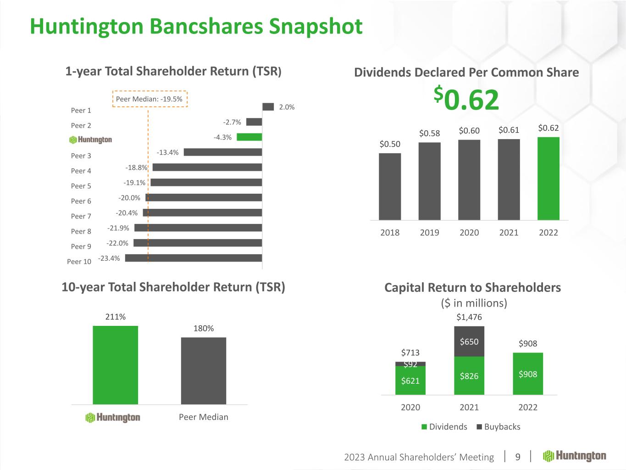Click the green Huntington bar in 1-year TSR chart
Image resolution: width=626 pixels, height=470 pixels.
tap(249, 137)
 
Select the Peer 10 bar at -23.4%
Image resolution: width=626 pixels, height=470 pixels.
tap(193, 258)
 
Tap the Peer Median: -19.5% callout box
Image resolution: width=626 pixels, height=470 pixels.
tap(150, 99)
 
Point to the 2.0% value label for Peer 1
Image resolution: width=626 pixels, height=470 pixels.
tap(287, 107)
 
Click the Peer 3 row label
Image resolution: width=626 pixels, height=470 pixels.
tap(81, 156)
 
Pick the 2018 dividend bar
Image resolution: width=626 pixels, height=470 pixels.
tap(390, 186)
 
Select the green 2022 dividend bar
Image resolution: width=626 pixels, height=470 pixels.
tap(548, 179)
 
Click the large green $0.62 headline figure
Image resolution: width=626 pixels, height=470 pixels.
tap(466, 100)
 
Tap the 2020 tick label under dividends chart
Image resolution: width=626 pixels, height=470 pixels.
tap(469, 233)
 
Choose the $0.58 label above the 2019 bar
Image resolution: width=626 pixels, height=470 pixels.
tap(429, 133)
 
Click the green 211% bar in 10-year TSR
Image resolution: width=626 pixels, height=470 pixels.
tap(115, 365)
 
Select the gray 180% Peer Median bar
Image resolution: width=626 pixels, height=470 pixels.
tap(203, 371)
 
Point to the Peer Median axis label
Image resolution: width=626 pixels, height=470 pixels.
tap(203, 417)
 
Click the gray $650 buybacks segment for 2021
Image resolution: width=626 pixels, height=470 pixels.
tap(469, 341)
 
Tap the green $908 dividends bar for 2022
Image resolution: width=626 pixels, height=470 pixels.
tap(528, 374)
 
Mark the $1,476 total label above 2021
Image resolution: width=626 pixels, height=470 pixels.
tap(469, 317)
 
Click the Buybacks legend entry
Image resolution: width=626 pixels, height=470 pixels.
tap(499, 427)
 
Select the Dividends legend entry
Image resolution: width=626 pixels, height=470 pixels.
tap(444, 427)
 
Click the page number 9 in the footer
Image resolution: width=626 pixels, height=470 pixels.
tap(518, 457)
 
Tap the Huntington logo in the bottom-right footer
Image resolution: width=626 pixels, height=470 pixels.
tap(575, 456)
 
